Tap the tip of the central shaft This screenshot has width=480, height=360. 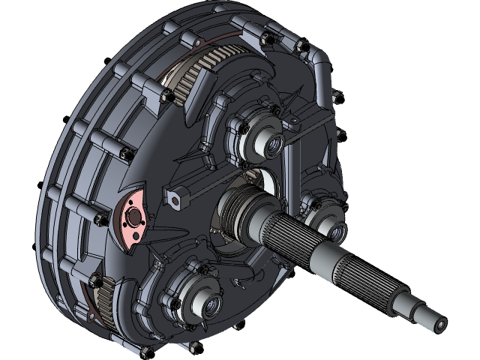[439, 324]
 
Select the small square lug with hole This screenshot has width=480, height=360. [178, 199]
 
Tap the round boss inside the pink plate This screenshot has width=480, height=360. [135, 218]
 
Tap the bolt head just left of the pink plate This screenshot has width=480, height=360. [100, 218]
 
